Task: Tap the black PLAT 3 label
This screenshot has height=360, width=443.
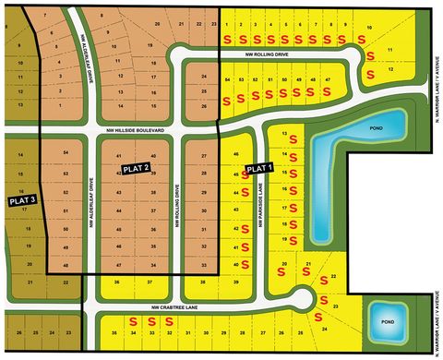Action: (x=21, y=199)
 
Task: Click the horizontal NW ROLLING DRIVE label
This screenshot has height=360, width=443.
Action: (x=268, y=54)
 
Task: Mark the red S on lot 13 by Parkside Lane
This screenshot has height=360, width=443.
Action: (x=293, y=140)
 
